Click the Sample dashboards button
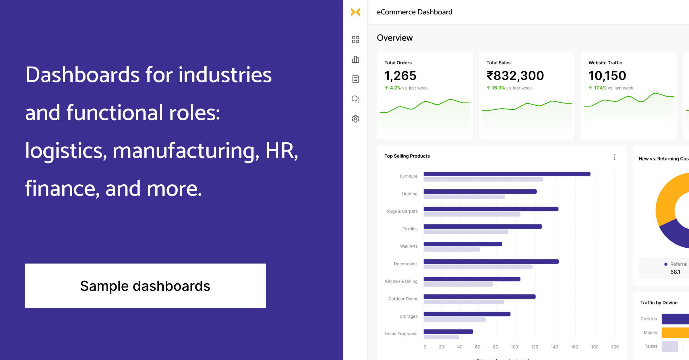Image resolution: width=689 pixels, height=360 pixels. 145,286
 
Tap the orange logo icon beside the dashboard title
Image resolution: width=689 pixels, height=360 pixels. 355,12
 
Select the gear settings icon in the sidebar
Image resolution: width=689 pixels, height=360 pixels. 355,119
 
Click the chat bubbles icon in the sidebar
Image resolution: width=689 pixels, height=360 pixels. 355,99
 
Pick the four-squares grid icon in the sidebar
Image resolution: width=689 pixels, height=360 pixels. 355,40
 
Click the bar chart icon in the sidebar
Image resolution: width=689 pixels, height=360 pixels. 355,59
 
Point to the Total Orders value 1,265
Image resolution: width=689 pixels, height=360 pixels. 400,76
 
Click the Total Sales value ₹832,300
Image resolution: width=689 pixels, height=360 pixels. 515,76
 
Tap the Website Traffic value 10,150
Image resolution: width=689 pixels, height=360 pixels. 607,76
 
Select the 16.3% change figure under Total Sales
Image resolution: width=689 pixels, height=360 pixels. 498,88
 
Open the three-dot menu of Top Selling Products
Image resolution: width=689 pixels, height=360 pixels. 614,157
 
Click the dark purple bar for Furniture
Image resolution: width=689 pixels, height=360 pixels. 507,174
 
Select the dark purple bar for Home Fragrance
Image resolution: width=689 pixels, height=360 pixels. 448,332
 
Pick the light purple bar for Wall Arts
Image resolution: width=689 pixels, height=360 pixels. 452,249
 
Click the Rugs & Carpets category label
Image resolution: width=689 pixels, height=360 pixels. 402,211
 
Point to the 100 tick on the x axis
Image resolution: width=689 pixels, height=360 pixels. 514,347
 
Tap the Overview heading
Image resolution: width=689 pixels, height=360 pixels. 395,38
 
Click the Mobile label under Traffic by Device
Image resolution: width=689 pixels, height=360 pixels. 650,332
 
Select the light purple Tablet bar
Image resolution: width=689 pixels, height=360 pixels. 670,346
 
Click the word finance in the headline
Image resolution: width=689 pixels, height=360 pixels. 60,189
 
